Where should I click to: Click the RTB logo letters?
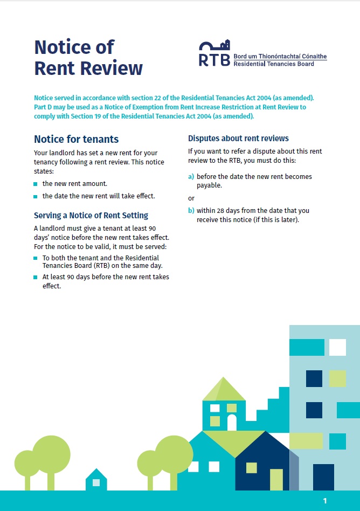214,59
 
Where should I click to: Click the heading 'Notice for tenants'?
76,139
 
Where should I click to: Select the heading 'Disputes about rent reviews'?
238,138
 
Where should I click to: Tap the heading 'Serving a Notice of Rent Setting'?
91,215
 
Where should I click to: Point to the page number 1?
325,501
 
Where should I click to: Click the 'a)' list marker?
191,176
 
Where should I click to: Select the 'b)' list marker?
191,211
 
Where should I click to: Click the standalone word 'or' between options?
191,198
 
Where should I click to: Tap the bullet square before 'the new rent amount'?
36,184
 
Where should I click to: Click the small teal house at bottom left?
96,480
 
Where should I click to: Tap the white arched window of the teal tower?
232,422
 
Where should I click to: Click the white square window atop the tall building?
337,347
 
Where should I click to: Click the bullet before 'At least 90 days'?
36,278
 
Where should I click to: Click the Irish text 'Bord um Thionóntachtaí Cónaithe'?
280,56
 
